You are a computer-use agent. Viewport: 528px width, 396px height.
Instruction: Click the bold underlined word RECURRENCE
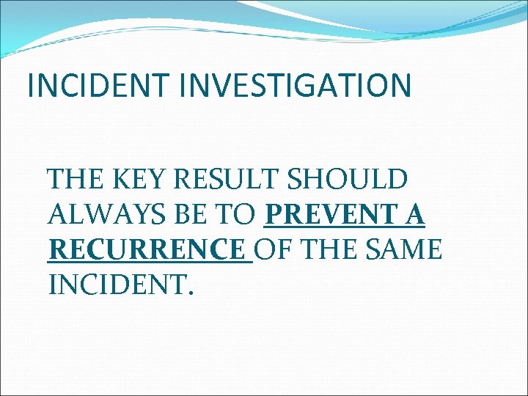click(x=146, y=249)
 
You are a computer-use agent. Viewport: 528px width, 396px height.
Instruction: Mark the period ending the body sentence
click(x=191, y=293)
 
